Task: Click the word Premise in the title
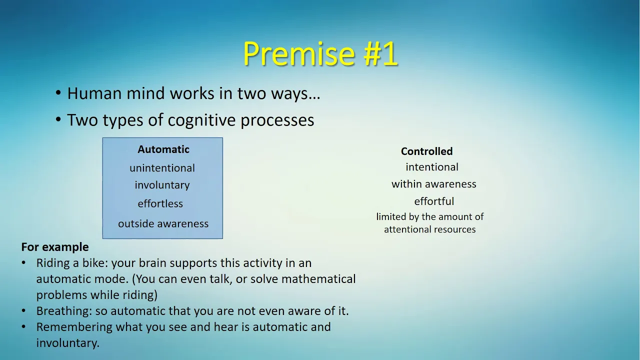click(299, 53)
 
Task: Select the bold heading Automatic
click(163, 149)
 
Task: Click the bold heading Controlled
click(427, 151)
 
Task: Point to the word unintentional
click(162, 168)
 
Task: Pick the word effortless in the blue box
click(160, 203)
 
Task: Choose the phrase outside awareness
click(163, 223)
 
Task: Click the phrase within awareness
click(434, 184)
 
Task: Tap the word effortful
click(434, 201)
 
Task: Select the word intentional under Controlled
click(432, 167)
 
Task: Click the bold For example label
click(55, 247)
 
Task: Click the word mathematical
click(318, 279)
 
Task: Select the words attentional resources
click(430, 229)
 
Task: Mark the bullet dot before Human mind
click(58, 93)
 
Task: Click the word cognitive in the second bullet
click(201, 120)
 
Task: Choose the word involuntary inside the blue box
click(162, 185)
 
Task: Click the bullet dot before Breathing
click(23, 310)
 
